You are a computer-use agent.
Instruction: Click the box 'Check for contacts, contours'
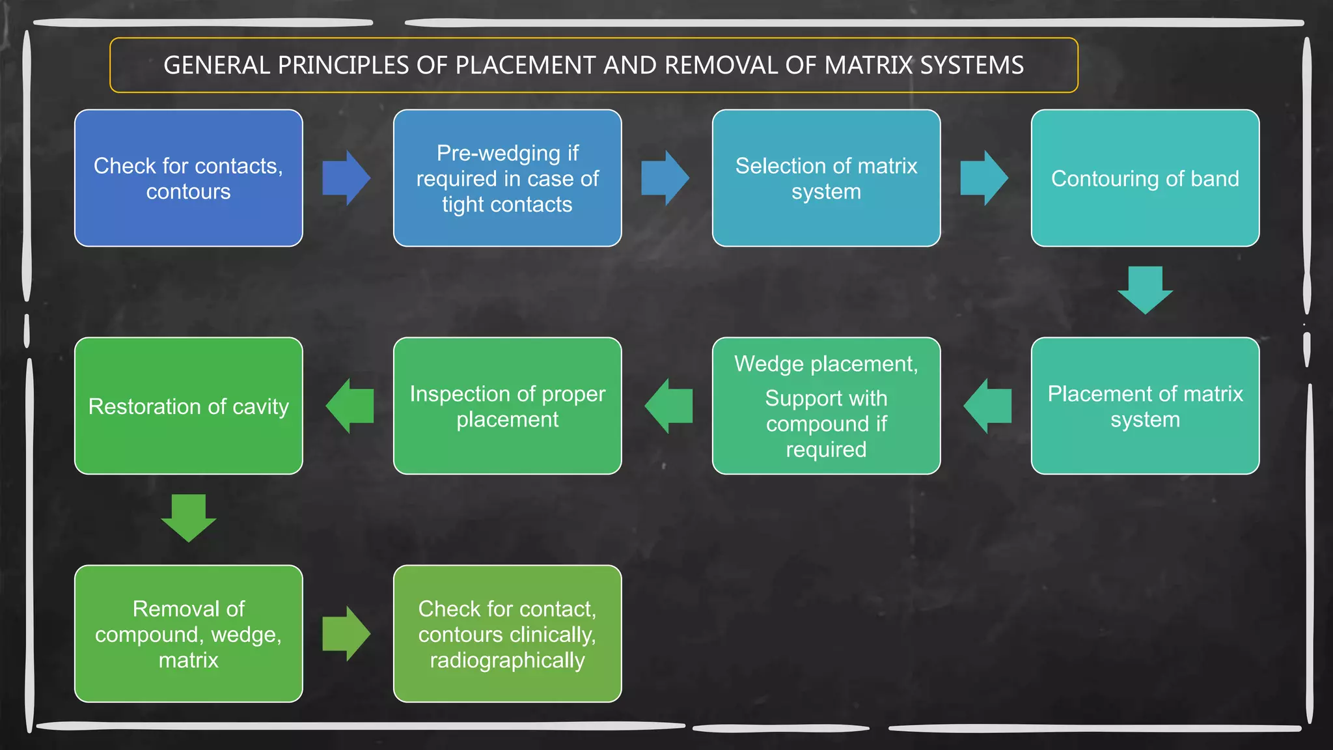(188, 178)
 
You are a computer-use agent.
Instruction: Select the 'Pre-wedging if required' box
(507, 178)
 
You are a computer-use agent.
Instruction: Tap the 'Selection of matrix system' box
(826, 178)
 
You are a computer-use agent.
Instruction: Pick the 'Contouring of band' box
(1145, 178)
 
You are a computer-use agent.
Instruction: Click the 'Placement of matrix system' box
(1145, 406)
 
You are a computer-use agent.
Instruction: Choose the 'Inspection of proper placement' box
(507, 406)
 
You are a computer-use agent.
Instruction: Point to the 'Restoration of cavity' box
(188, 406)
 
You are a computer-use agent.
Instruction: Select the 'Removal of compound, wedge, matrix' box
(188, 633)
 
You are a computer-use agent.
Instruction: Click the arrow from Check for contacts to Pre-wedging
(346, 178)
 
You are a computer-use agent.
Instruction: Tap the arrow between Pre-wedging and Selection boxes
(665, 178)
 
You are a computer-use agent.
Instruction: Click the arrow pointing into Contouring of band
(984, 178)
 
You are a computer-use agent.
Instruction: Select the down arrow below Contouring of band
(1145, 290)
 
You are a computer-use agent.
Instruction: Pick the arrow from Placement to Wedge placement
(987, 406)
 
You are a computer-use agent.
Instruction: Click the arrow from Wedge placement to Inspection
(668, 406)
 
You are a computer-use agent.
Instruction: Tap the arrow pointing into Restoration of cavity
(350, 406)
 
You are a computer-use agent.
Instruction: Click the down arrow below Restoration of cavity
(188, 518)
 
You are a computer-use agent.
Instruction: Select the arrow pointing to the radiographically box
(346, 633)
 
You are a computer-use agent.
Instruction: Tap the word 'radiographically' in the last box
(507, 660)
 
